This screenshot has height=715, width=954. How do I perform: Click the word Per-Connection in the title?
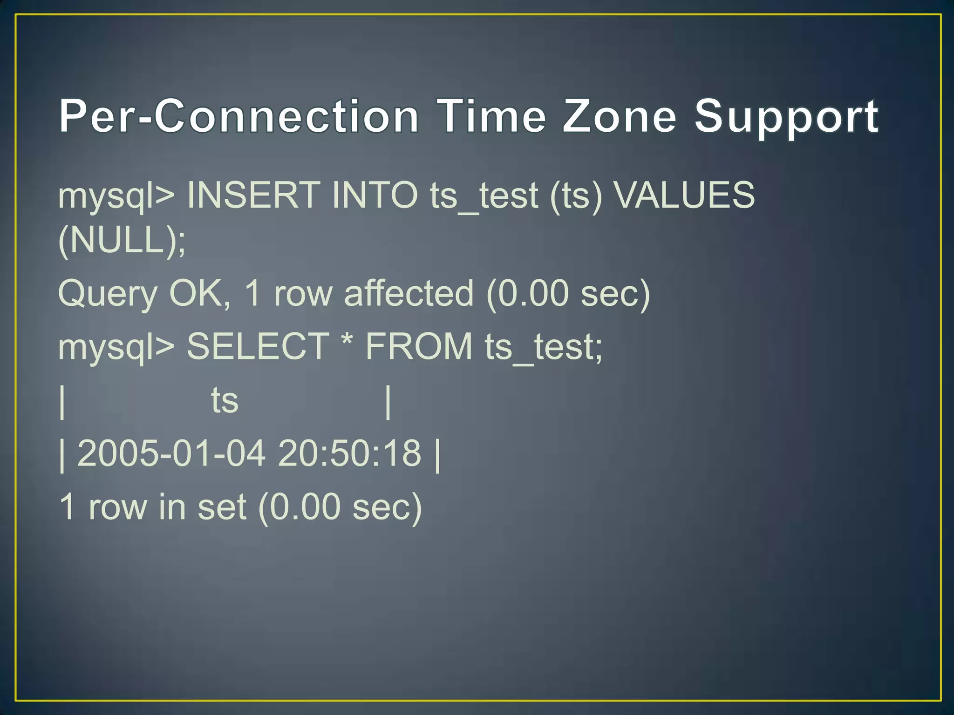[239, 116]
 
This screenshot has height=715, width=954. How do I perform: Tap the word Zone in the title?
[620, 116]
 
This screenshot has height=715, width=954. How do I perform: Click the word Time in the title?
[492, 116]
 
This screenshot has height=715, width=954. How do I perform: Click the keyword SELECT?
[258, 347]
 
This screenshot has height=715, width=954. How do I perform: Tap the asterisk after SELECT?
[347, 342]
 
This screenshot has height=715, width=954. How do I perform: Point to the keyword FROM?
[419, 347]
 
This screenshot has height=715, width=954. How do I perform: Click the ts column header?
[225, 400]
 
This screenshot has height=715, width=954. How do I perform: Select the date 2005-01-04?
[171, 453]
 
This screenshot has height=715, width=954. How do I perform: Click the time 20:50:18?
[349, 453]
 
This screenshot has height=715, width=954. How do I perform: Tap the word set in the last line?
[222, 507]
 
